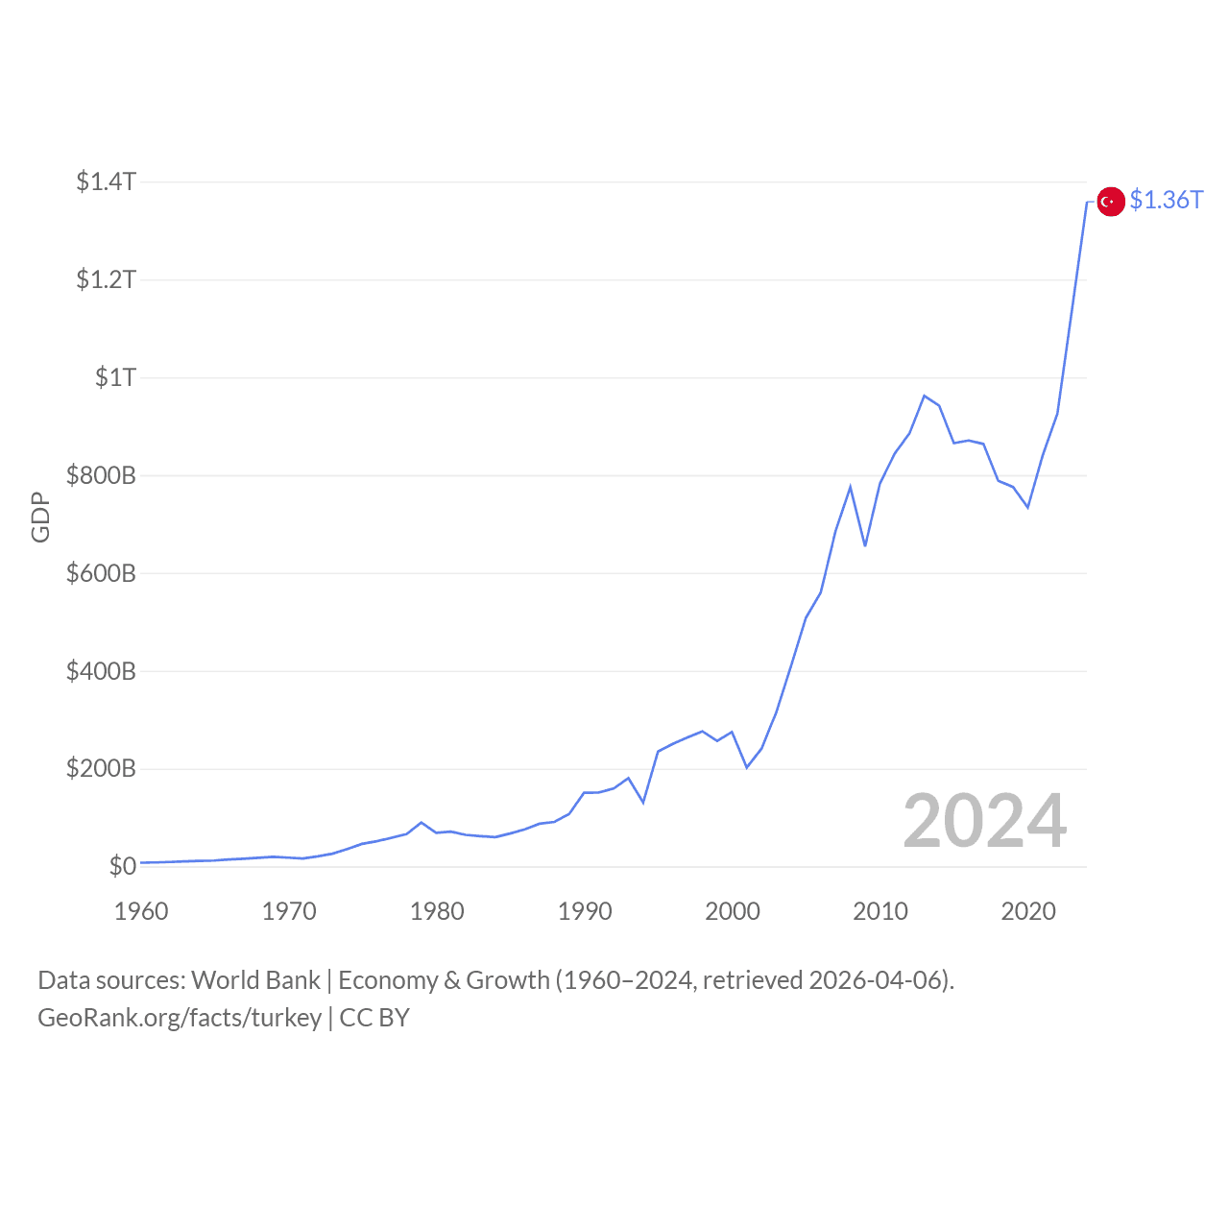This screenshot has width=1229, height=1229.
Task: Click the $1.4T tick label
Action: [106, 181]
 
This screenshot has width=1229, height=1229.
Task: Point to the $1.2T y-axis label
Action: [106, 279]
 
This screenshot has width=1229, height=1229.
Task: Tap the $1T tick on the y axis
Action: [115, 377]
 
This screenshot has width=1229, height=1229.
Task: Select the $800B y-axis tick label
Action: [101, 475]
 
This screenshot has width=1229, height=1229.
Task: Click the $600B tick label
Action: [101, 573]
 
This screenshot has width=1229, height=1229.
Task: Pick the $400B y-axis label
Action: [101, 671]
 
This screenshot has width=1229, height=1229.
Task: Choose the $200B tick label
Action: [101, 769]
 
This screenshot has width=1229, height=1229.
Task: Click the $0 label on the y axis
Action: [122, 866]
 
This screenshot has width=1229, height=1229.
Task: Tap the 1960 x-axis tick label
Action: [141, 911]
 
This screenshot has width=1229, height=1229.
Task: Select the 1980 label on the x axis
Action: [437, 911]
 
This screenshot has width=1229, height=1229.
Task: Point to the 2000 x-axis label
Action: [733, 911]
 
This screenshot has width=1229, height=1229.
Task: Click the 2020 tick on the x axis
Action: [1028, 911]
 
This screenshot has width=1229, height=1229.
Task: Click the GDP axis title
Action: [40, 517]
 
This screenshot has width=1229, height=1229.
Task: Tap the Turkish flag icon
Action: [1111, 202]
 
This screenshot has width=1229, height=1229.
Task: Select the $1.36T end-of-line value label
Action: [1166, 200]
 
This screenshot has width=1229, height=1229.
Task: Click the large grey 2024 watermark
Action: [984, 822]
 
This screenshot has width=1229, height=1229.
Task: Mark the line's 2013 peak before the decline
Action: [924, 396]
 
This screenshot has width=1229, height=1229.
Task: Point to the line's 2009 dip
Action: [865, 545]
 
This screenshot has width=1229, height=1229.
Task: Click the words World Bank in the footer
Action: [255, 980]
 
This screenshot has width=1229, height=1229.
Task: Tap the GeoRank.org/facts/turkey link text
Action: [180, 1018]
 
